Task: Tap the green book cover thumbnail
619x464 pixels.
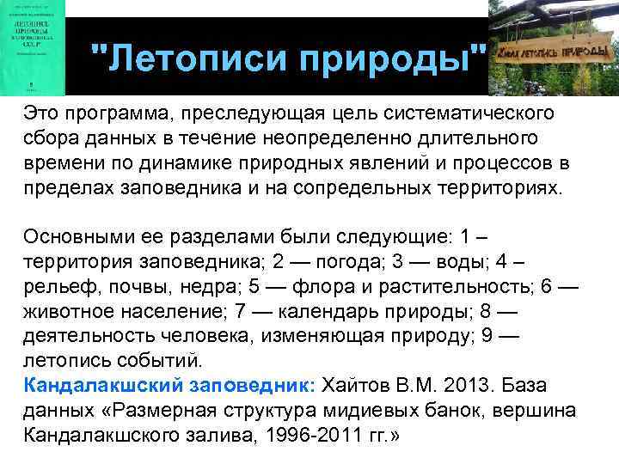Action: click(x=34, y=47)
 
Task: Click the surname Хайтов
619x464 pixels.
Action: click(x=353, y=383)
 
